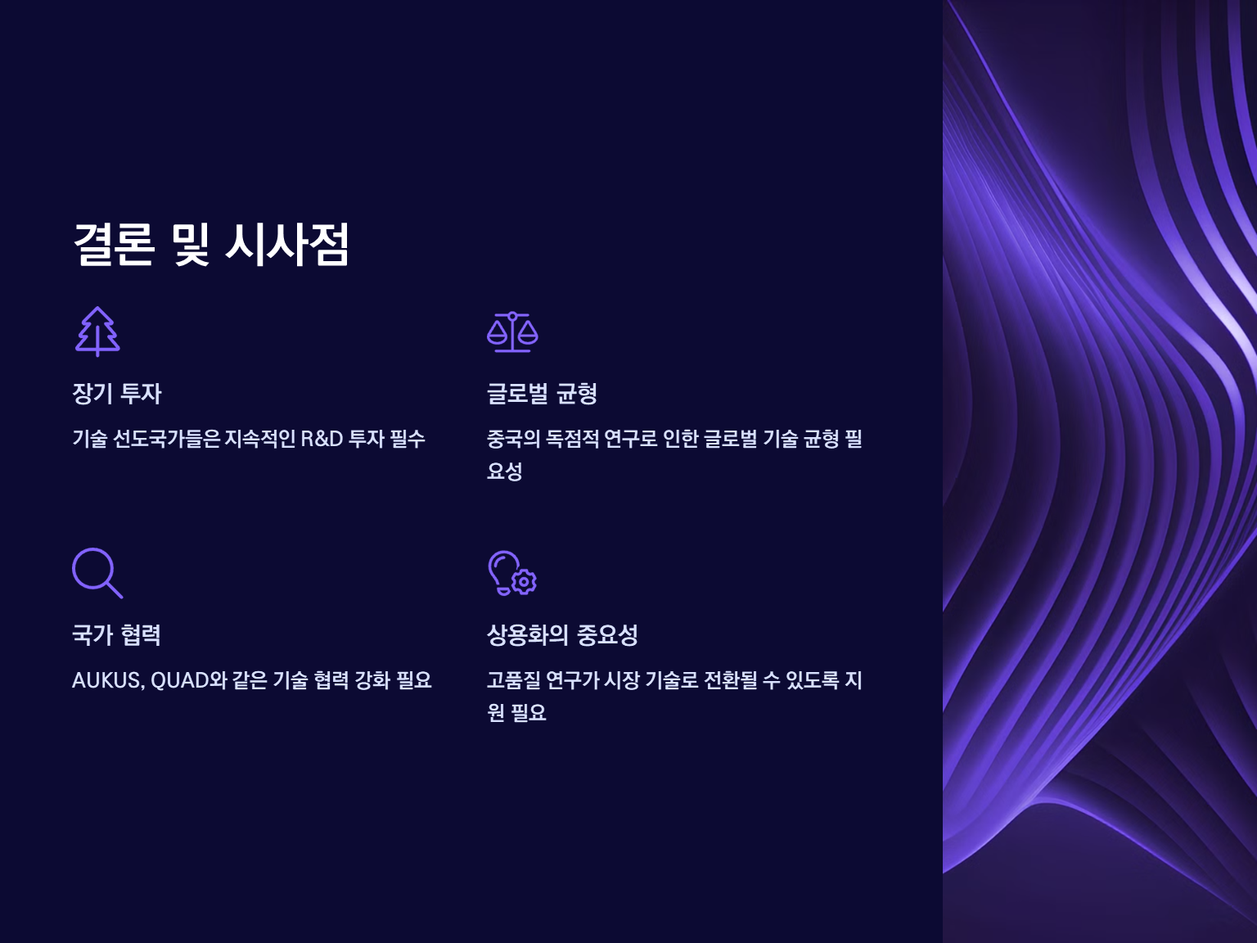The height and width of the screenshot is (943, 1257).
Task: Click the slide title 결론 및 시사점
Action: point(211,245)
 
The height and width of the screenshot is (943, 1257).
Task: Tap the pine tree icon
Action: point(97,332)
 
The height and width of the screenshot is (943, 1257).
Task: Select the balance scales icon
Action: point(512,332)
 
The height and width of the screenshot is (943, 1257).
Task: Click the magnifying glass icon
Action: point(97,573)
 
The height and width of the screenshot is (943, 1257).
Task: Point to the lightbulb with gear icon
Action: point(512,573)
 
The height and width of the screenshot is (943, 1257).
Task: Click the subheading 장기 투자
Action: point(117,394)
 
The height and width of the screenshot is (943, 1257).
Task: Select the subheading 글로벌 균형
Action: point(542,394)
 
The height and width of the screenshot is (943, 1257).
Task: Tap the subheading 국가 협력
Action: point(116,635)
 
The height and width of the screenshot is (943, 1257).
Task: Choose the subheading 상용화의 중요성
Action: point(561,635)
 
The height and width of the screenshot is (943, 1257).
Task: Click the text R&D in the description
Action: point(322,439)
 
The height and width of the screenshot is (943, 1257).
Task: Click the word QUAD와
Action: point(189,680)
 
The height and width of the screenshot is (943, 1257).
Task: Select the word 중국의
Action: point(513,439)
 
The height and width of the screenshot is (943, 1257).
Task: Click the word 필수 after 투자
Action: point(408,439)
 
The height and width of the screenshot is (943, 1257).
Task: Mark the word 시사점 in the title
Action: point(287,245)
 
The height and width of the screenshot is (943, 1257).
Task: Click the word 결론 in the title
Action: point(114,245)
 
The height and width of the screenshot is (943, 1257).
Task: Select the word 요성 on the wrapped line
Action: point(504,471)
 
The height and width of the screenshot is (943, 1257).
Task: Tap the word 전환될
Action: point(730,680)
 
